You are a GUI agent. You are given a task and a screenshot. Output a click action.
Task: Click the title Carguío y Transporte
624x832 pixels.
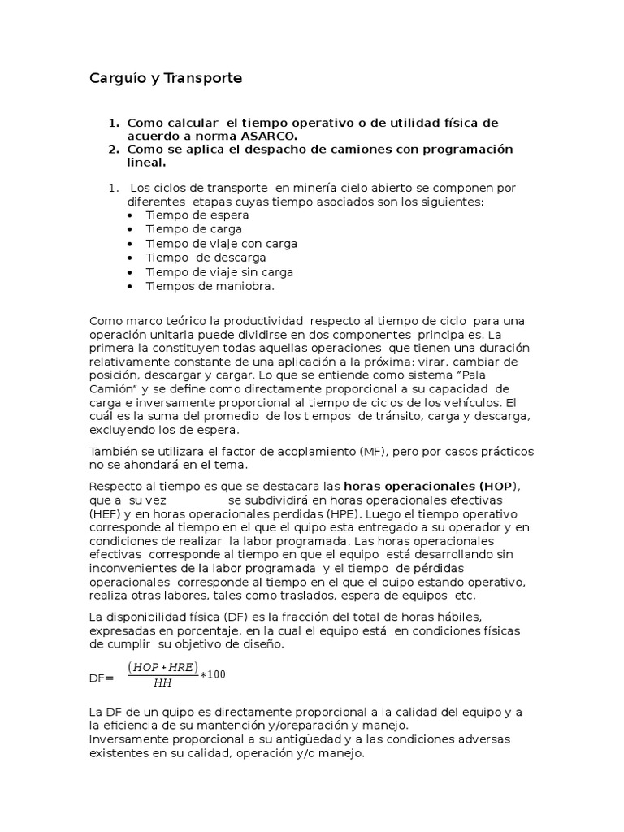click(166, 79)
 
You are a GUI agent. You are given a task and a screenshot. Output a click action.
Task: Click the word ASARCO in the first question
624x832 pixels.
click(270, 136)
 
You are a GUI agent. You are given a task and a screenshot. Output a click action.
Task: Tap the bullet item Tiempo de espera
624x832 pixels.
click(197, 215)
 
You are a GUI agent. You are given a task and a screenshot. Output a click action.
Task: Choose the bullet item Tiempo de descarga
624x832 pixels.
click(206, 258)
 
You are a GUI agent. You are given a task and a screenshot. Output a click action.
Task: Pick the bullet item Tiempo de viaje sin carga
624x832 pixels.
click(219, 272)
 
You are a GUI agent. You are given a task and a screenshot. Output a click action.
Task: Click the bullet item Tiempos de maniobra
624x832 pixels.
click(210, 286)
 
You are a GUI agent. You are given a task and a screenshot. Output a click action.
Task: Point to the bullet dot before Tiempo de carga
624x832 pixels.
click(132, 230)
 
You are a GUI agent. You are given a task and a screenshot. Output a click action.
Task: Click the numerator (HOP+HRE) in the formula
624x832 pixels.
click(163, 667)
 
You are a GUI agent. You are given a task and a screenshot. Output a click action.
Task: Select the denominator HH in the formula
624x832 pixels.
click(162, 683)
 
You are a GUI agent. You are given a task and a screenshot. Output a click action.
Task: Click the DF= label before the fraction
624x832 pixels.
click(102, 677)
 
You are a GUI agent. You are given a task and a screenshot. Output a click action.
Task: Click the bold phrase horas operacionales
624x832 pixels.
click(410, 486)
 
